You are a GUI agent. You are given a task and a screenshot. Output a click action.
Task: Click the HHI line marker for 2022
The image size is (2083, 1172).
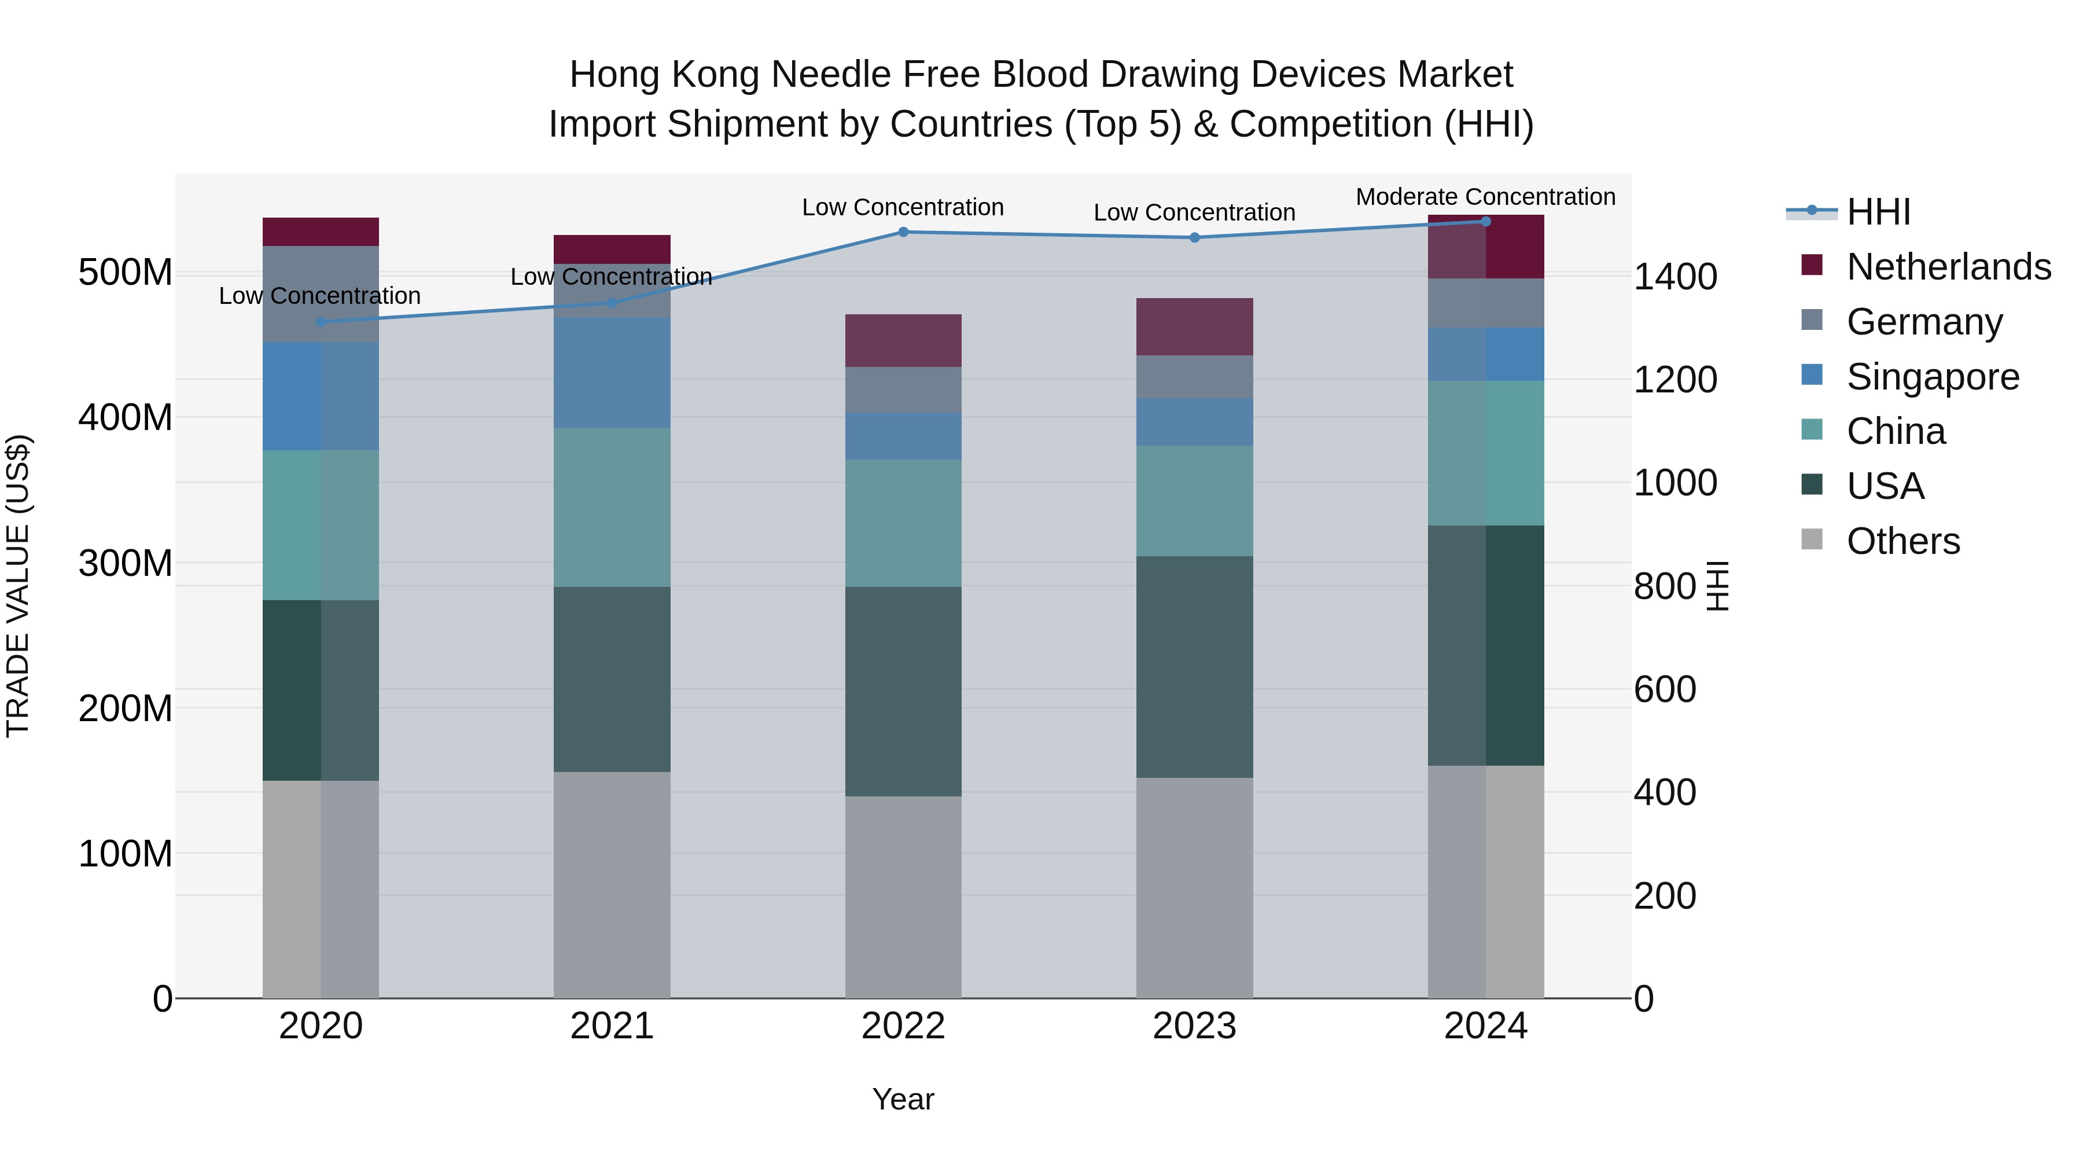[x=903, y=232]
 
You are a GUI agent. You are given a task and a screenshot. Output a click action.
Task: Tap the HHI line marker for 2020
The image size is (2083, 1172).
[x=321, y=322]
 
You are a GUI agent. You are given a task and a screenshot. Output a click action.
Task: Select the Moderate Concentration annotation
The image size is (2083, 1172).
[x=1485, y=197]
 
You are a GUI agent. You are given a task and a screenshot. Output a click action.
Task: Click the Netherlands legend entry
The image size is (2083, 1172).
[x=1948, y=267]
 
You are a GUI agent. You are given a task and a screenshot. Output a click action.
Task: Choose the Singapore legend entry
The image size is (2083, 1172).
[x=1933, y=377]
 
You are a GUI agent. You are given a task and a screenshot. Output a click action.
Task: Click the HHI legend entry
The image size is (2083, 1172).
[x=1878, y=212]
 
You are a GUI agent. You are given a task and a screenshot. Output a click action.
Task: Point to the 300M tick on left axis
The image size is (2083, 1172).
[x=126, y=563]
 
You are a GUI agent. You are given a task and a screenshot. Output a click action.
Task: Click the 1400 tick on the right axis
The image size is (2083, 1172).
[x=1675, y=277]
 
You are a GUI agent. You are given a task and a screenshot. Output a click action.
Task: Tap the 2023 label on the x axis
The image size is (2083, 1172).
[x=1194, y=1026]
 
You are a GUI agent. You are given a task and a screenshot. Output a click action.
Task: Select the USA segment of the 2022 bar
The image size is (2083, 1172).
[x=903, y=692]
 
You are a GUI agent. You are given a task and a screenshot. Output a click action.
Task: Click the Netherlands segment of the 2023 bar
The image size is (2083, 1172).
[x=1194, y=327]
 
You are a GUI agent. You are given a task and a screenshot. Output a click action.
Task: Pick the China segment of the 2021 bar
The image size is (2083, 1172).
[x=612, y=507]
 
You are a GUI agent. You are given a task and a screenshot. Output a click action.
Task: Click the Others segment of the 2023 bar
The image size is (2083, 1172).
[x=1194, y=887]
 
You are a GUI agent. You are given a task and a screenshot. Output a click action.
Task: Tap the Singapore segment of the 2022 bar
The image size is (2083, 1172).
[x=903, y=437]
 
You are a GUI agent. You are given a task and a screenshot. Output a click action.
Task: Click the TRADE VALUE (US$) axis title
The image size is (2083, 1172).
[x=18, y=586]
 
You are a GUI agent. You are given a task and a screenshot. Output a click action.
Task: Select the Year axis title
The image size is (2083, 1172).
[x=903, y=1099]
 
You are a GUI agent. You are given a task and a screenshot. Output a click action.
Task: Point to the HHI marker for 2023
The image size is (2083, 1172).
[x=1194, y=238]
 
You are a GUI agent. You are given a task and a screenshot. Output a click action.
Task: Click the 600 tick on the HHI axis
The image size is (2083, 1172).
[x=1664, y=689]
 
